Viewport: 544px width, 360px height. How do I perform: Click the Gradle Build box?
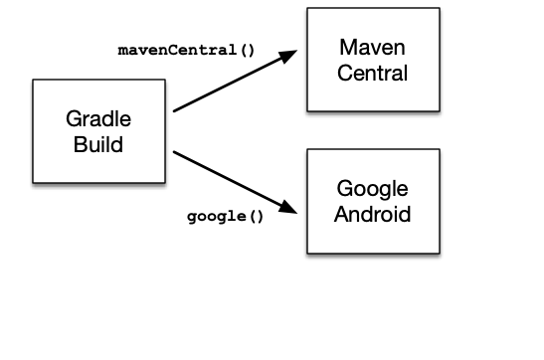(98, 131)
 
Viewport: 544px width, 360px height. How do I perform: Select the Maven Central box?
(373, 60)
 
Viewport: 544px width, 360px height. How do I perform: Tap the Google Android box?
(373, 201)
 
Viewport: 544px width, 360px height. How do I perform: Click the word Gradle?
(98, 119)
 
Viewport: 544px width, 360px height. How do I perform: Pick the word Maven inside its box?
(373, 48)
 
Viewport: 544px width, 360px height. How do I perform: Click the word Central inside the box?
(373, 73)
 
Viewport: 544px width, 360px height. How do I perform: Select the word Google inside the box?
(373, 189)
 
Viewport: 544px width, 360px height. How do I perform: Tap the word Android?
(373, 214)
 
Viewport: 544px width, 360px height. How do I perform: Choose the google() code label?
(226, 216)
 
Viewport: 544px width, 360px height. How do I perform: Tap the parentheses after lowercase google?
(257, 216)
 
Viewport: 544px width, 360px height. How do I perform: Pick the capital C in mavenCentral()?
(164, 48)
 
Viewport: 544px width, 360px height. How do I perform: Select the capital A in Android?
(341, 214)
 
